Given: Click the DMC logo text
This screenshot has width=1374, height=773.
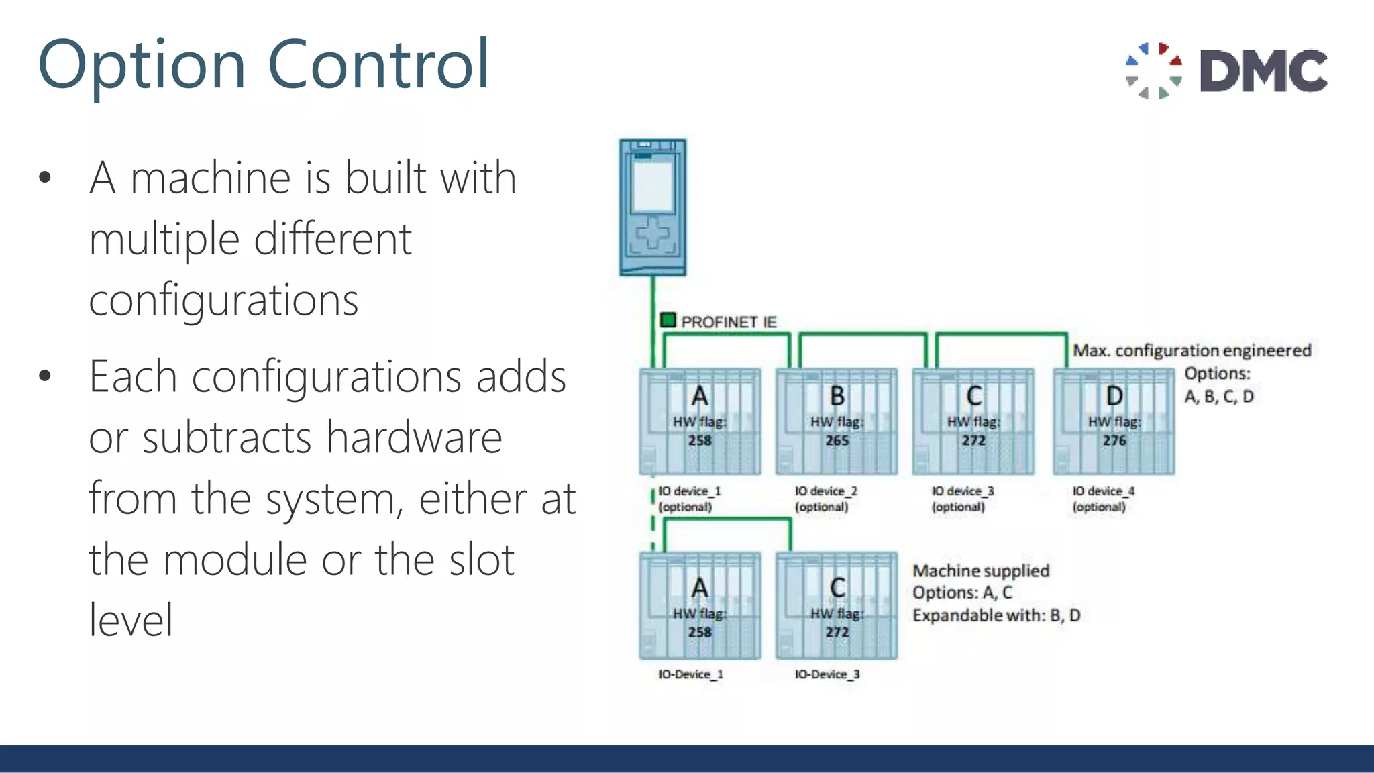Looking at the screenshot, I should pos(1263,70).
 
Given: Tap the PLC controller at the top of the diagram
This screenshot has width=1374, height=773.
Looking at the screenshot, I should pos(653,207).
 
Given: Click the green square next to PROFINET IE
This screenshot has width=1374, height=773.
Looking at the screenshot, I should pos(668,320).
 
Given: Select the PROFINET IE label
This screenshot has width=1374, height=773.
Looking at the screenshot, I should pos(729,322).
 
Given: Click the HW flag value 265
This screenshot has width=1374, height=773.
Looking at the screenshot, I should pos(837,441).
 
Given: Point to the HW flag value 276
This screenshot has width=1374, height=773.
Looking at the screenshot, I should pos(1114,441).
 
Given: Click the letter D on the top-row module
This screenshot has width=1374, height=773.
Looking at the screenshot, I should pos(1114,396).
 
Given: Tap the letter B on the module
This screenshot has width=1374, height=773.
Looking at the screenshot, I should pos(837,396).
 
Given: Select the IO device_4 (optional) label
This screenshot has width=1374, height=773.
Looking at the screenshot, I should pos(1103,499).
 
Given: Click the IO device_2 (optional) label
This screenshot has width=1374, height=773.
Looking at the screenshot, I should pos(826,499).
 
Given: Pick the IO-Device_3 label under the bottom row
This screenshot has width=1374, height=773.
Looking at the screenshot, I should pos(827,674).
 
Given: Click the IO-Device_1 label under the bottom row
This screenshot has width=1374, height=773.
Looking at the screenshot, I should pos(690,674).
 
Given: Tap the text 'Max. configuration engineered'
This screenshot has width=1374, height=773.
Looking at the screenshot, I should pos(1192,350).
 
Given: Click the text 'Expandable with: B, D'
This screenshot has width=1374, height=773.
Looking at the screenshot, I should pos(996,615).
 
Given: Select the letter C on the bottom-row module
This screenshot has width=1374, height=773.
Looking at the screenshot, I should pos(837,588).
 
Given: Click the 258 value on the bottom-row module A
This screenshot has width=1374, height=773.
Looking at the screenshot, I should pos(700,632).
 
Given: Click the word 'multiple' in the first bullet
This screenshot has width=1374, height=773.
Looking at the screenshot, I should pos(164,240).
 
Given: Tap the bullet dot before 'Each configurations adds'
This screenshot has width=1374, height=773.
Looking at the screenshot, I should pos(45,376).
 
